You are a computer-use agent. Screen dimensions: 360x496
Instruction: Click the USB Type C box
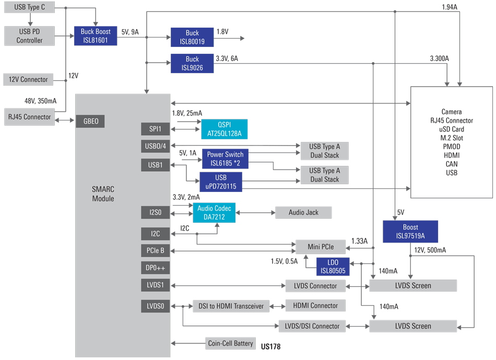pyautogui.click(x=29, y=8)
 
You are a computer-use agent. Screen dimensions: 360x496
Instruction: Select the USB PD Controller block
pyautogui.click(x=29, y=35)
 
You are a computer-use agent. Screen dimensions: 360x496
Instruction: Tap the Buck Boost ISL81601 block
pyautogui.click(x=96, y=35)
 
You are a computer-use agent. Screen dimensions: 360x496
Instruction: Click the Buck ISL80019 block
pyautogui.click(x=192, y=37)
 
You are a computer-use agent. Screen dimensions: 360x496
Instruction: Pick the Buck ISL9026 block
pyautogui.click(x=192, y=63)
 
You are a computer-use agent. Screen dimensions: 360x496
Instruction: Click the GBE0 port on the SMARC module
pyautogui.click(x=90, y=122)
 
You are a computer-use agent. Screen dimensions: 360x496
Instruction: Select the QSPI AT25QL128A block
pyautogui.click(x=225, y=129)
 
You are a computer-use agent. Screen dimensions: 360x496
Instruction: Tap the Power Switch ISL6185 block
pyautogui.click(x=225, y=159)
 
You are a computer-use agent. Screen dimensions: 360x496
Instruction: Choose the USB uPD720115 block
pyautogui.click(x=221, y=182)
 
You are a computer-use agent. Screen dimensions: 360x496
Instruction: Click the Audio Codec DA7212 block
pyautogui.click(x=214, y=212)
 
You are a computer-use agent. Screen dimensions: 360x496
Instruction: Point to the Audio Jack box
pyautogui.click(x=303, y=212)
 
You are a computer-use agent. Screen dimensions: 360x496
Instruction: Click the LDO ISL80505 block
pyautogui.click(x=333, y=266)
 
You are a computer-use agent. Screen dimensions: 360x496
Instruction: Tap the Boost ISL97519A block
pyautogui.click(x=410, y=232)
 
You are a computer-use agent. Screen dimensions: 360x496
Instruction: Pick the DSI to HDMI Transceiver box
pyautogui.click(x=231, y=306)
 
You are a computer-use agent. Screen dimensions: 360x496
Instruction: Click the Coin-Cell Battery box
pyautogui.click(x=230, y=343)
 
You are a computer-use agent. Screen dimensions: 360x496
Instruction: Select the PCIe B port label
pyautogui.click(x=155, y=250)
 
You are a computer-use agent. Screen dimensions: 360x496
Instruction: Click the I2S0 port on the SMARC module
pyautogui.click(x=155, y=212)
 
